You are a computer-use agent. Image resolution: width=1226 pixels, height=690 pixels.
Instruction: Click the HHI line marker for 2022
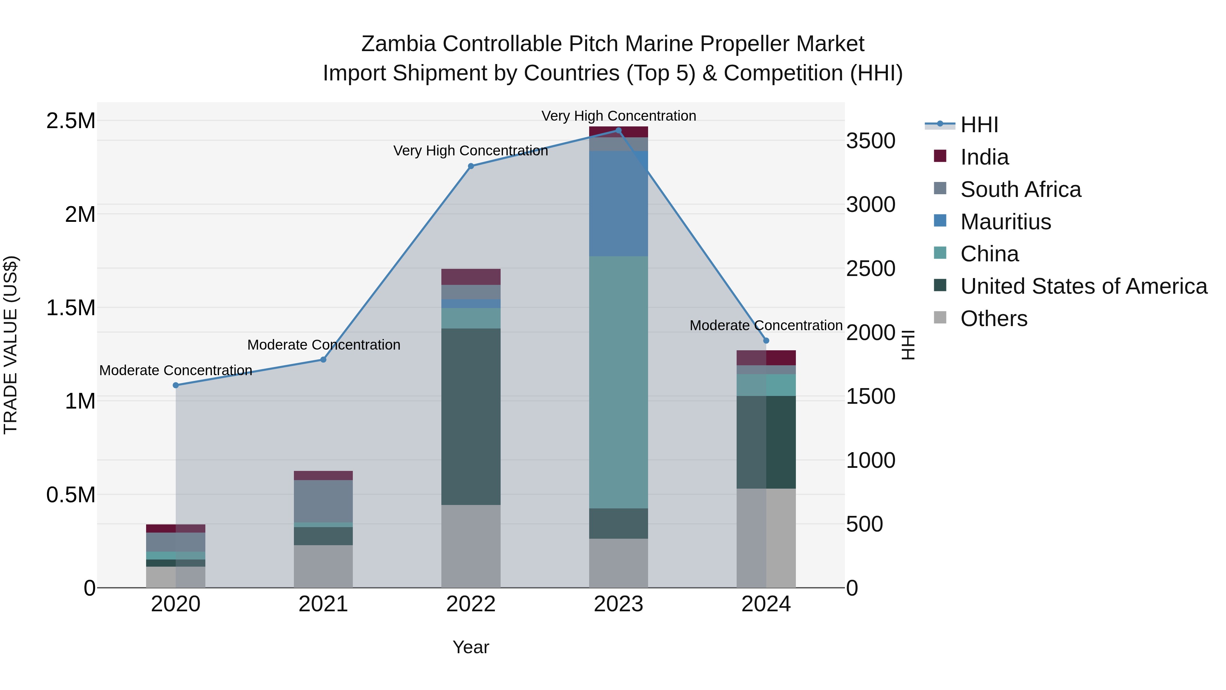(x=471, y=166)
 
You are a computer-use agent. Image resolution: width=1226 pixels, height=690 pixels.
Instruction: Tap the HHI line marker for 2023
(x=618, y=131)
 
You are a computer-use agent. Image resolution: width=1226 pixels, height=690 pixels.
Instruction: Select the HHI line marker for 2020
(x=176, y=385)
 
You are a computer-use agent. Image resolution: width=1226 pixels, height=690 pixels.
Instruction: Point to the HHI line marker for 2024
(x=766, y=340)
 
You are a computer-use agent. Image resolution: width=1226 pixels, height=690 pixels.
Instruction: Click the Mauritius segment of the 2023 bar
(x=618, y=204)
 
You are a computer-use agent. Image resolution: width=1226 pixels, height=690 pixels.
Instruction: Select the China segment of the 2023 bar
(x=618, y=382)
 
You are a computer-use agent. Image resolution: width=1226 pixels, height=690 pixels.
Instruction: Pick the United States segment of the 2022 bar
(x=471, y=417)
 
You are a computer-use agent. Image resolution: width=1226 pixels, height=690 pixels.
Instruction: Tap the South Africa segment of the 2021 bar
(x=323, y=501)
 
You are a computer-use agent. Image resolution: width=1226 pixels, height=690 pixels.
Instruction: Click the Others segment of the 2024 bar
(x=766, y=538)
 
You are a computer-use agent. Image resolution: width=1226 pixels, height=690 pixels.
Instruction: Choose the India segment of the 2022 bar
(x=471, y=277)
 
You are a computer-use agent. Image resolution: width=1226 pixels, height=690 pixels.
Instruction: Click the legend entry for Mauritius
(x=1005, y=222)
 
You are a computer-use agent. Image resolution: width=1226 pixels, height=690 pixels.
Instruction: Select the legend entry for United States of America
(x=1083, y=287)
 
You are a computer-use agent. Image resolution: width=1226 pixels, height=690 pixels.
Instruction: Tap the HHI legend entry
(x=978, y=125)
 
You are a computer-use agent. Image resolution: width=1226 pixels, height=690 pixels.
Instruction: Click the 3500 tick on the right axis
(x=870, y=141)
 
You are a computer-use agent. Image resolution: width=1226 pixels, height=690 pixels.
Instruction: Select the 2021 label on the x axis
(x=323, y=604)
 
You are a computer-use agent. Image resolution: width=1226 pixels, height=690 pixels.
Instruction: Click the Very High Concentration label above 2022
(x=471, y=151)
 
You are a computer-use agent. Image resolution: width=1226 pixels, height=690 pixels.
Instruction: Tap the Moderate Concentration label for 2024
(x=766, y=326)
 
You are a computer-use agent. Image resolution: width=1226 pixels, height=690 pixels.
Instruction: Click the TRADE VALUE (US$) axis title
(x=11, y=345)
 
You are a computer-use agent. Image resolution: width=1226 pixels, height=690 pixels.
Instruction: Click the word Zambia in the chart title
(x=398, y=44)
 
